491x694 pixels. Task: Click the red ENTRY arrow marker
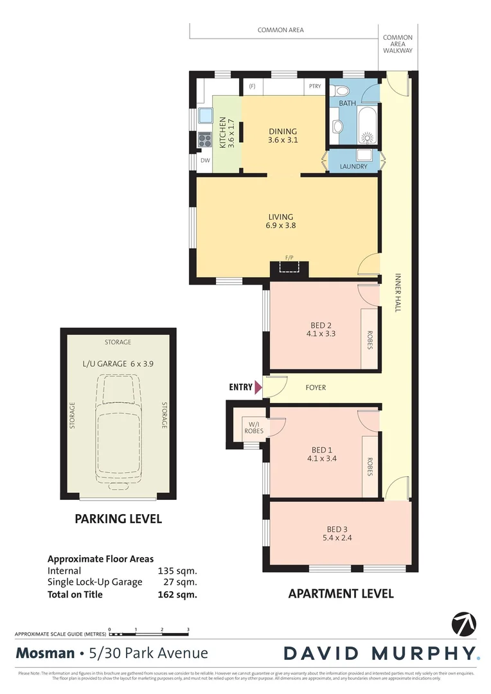click(x=258, y=387)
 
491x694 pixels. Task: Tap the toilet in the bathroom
click(x=340, y=91)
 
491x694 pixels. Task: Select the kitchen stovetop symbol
click(x=204, y=139)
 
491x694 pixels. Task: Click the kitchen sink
click(x=205, y=116)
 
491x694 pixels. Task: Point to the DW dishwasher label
click(x=205, y=161)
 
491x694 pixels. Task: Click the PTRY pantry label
click(x=314, y=86)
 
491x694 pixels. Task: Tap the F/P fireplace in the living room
click(x=289, y=269)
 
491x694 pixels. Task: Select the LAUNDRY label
click(x=353, y=166)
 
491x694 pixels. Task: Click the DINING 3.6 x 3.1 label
click(x=283, y=136)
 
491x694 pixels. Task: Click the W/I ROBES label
click(x=253, y=427)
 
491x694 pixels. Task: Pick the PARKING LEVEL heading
click(x=118, y=519)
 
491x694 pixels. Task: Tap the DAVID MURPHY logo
click(x=382, y=654)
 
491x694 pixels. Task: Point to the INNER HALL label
click(x=398, y=293)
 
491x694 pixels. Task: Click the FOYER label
click(x=316, y=387)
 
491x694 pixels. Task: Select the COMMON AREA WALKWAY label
click(x=398, y=44)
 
